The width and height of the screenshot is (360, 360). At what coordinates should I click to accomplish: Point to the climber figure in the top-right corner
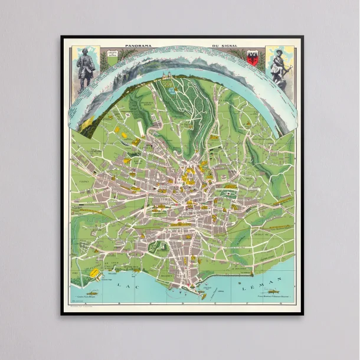277,66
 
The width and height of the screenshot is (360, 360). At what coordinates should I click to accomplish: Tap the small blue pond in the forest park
171,91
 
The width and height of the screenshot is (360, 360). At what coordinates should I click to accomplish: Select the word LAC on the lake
123,286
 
